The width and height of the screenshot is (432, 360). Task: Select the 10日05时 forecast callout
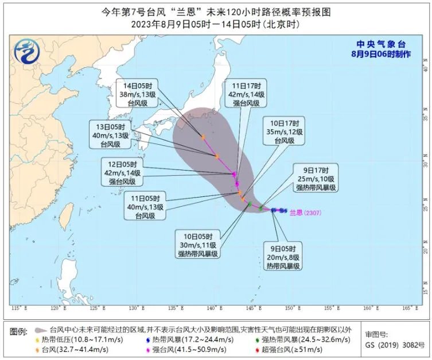[x=198, y=244]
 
